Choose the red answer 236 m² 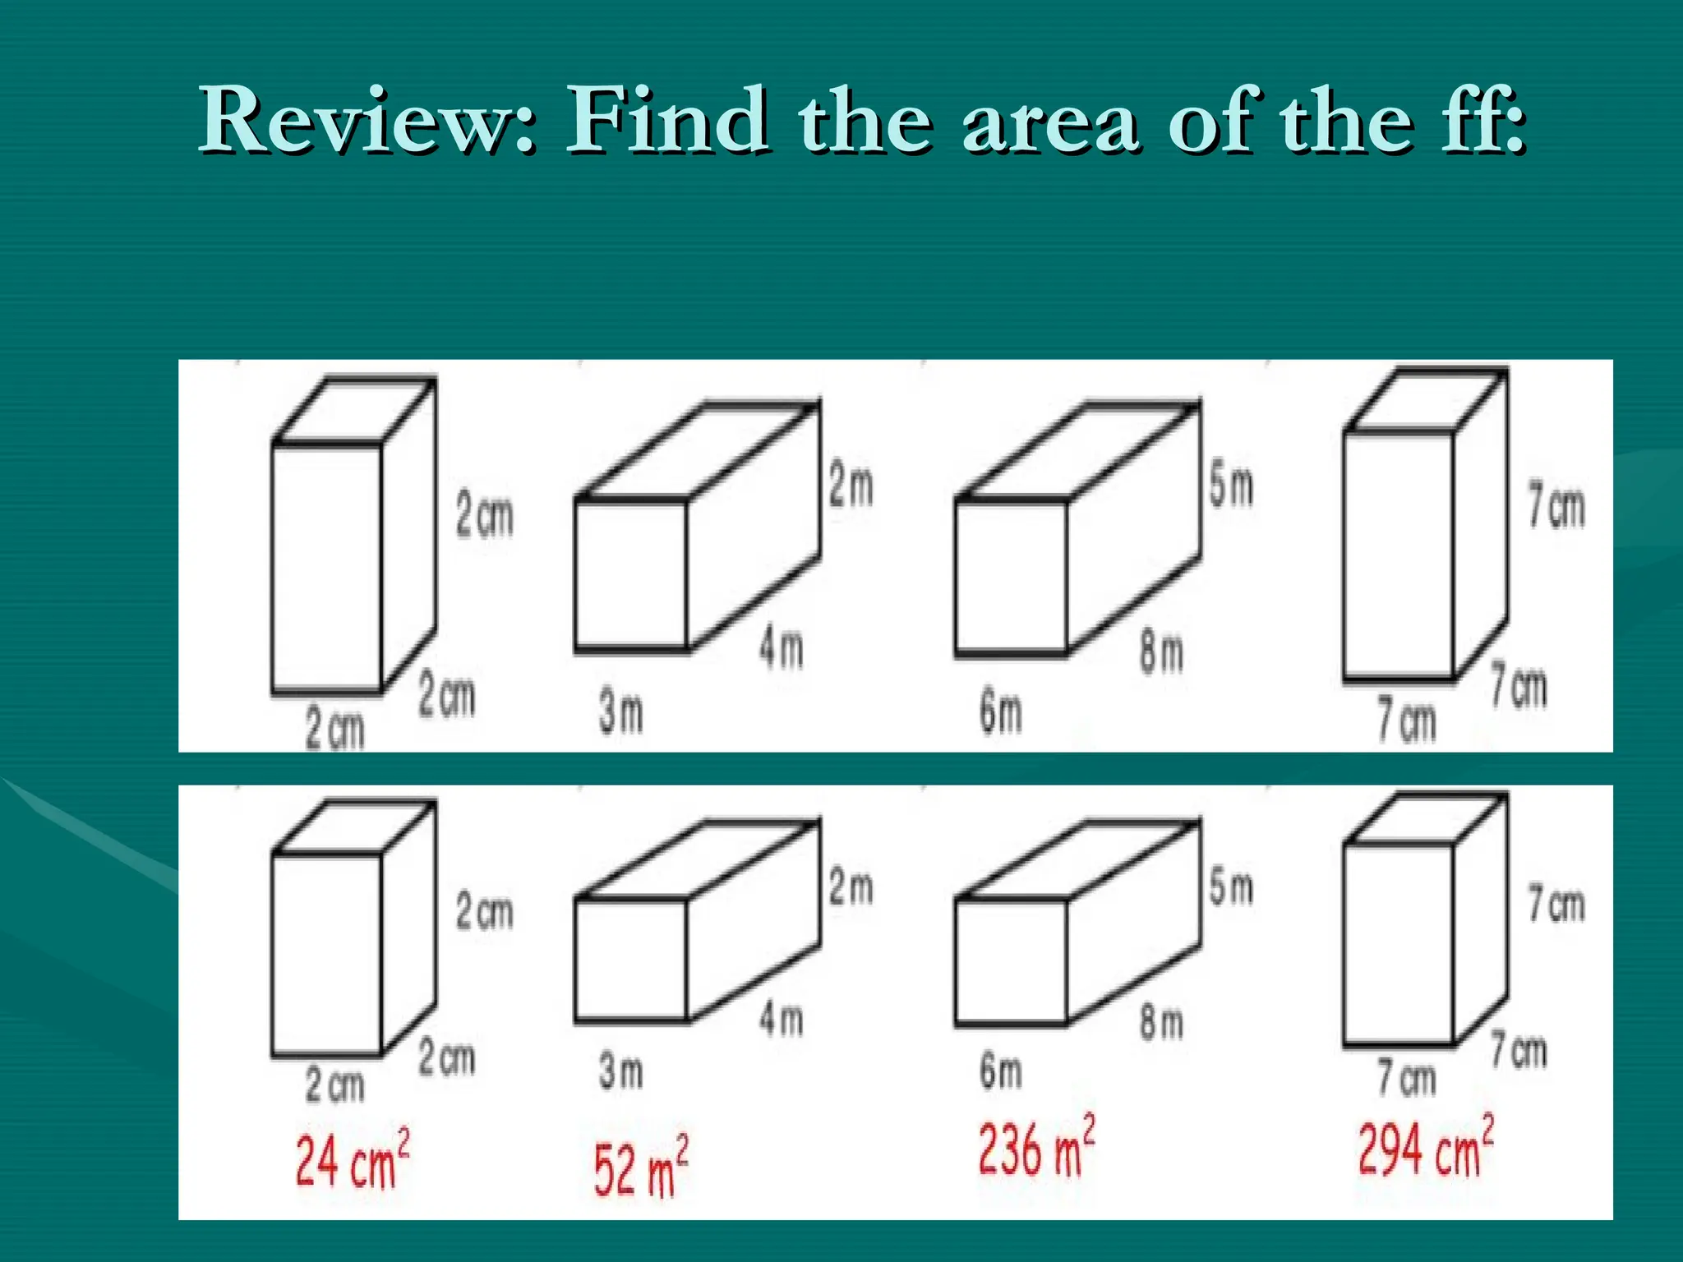(x=1035, y=1147)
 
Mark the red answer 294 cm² (x=1425, y=1147)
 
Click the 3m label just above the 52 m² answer (x=620, y=1071)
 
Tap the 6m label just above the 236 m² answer (x=1000, y=1071)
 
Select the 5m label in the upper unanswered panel (x=1230, y=486)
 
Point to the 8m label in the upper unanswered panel (x=1160, y=653)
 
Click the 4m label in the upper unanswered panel (x=781, y=648)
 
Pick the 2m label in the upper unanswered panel (x=851, y=486)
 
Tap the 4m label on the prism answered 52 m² (x=781, y=1020)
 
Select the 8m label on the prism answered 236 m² (x=1160, y=1024)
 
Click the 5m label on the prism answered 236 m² (x=1230, y=888)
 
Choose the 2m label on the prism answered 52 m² (x=851, y=888)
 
